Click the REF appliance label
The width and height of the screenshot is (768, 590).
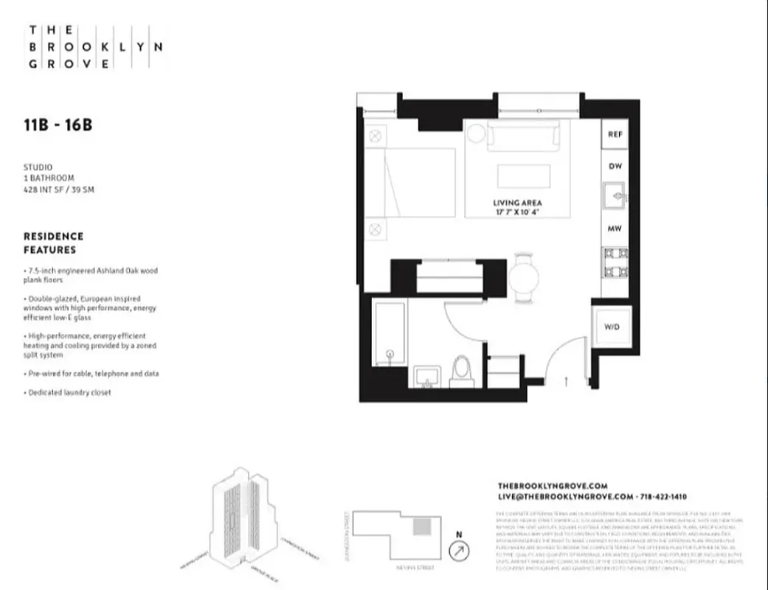(x=615, y=135)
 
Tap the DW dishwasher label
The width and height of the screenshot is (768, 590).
(x=615, y=167)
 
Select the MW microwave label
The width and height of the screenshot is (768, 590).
(x=615, y=229)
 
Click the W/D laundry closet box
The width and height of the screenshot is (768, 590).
(x=612, y=326)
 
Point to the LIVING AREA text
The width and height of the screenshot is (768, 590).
(x=518, y=202)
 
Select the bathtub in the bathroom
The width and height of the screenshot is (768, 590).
(x=389, y=333)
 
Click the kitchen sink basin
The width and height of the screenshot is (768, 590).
(x=613, y=197)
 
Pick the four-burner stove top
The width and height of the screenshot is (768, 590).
(x=615, y=261)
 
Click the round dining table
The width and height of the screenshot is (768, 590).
(x=525, y=278)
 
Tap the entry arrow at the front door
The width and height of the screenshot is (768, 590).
(x=566, y=381)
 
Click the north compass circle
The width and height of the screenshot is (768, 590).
(x=460, y=550)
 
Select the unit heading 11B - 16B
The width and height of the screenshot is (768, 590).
(x=58, y=125)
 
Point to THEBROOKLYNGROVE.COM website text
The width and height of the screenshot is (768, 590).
(x=553, y=486)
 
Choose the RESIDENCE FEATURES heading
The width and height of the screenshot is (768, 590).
(x=54, y=243)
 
